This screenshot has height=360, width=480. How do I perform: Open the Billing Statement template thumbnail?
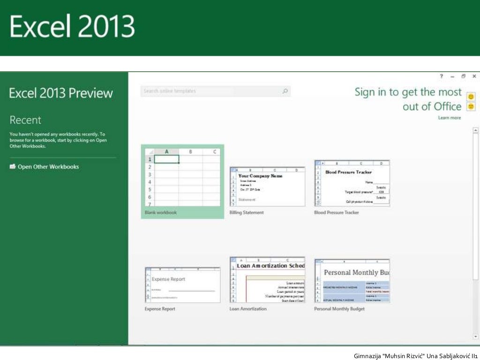pos(267,186)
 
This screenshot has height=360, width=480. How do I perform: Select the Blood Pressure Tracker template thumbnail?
pos(352,183)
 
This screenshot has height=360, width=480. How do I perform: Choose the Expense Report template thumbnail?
pos(182,285)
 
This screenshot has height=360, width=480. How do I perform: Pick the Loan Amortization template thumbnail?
pos(267,279)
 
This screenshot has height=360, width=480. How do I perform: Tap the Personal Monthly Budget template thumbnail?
pos(352,280)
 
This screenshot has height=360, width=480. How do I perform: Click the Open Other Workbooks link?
pos(48,167)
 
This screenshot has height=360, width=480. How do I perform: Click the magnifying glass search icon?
pos(285,91)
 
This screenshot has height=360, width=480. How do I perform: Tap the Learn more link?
pos(450,118)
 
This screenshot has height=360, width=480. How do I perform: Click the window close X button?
pos(474,76)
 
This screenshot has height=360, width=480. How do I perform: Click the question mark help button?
pos(441,76)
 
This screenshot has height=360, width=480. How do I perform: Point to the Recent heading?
pos(25,120)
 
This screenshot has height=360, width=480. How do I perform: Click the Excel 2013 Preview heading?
pos(61,93)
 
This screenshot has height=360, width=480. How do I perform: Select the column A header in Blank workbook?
pos(166,151)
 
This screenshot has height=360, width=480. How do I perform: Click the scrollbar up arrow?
pos(475,130)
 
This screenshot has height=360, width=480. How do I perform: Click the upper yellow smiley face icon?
pos(471,97)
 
